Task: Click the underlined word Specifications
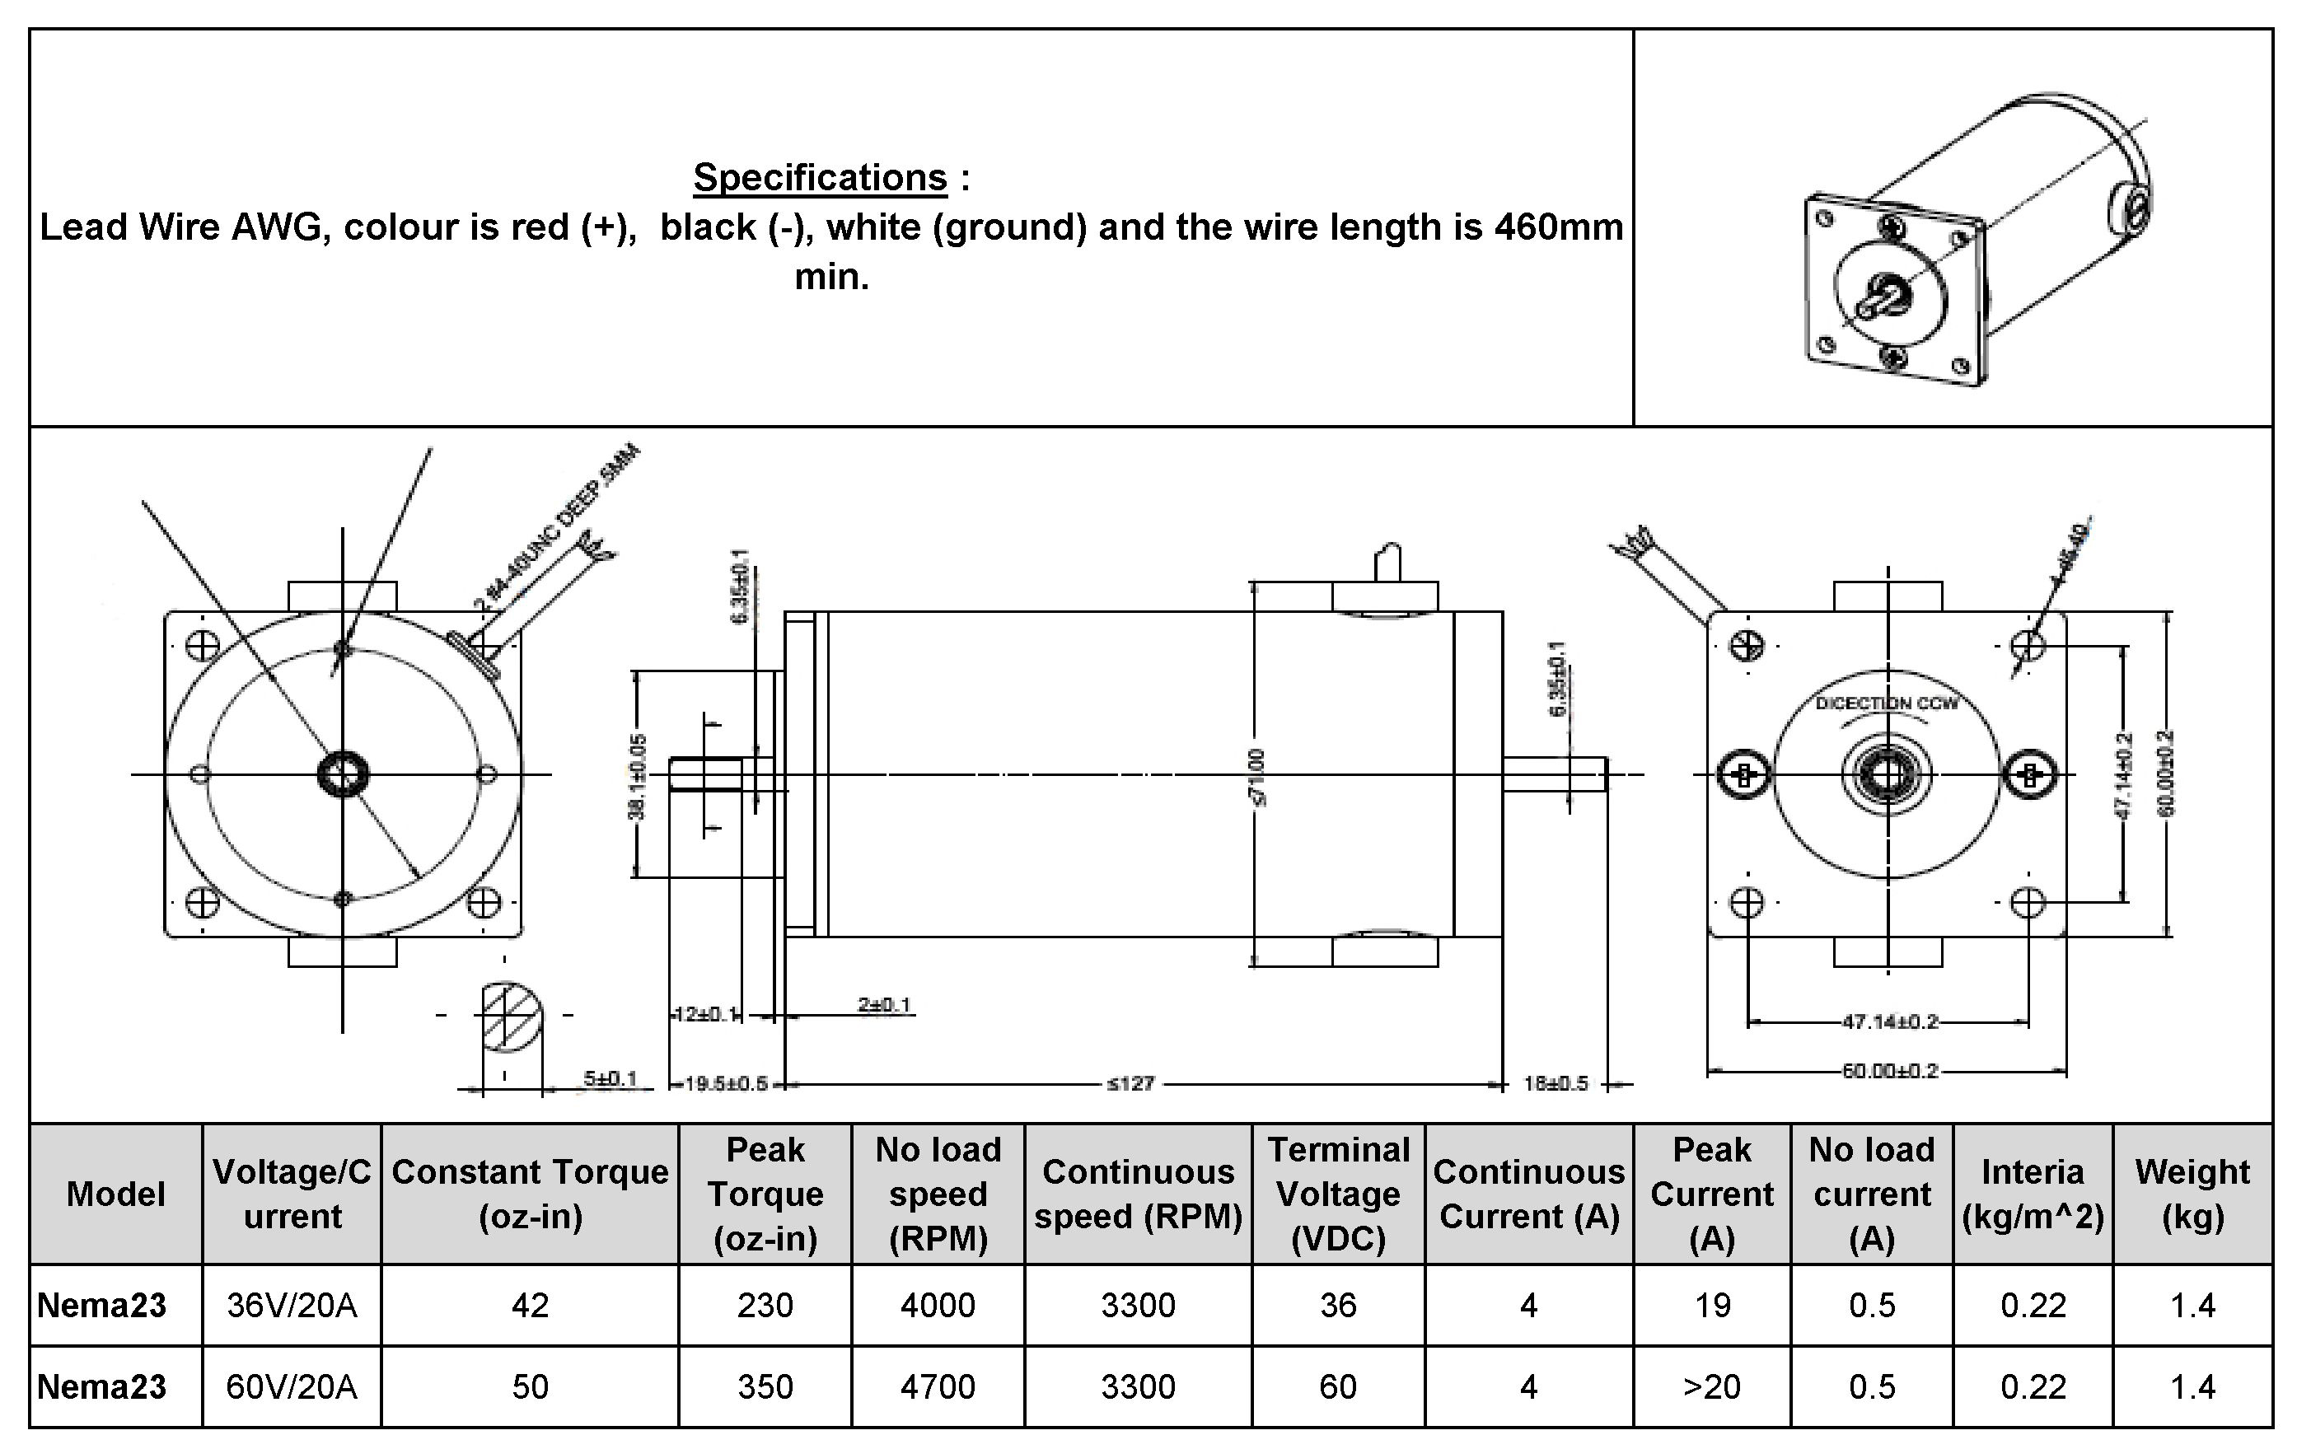[x=820, y=177]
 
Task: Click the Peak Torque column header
[x=765, y=1194]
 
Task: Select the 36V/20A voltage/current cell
[x=292, y=1305]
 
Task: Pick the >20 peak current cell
[x=1711, y=1386]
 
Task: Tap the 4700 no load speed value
[x=938, y=1386]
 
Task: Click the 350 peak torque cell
[x=765, y=1386]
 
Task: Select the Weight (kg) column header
[x=2192, y=1194]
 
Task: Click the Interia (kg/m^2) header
[x=2032, y=1194]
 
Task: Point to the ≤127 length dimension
[x=1130, y=1083]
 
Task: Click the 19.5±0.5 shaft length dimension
[x=726, y=1083]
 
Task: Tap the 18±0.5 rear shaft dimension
[x=1556, y=1083]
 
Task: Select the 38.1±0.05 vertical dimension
[x=639, y=775]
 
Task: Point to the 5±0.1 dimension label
[x=611, y=1078]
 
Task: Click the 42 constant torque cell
[x=530, y=1305]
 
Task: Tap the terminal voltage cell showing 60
[x=1337, y=1386]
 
